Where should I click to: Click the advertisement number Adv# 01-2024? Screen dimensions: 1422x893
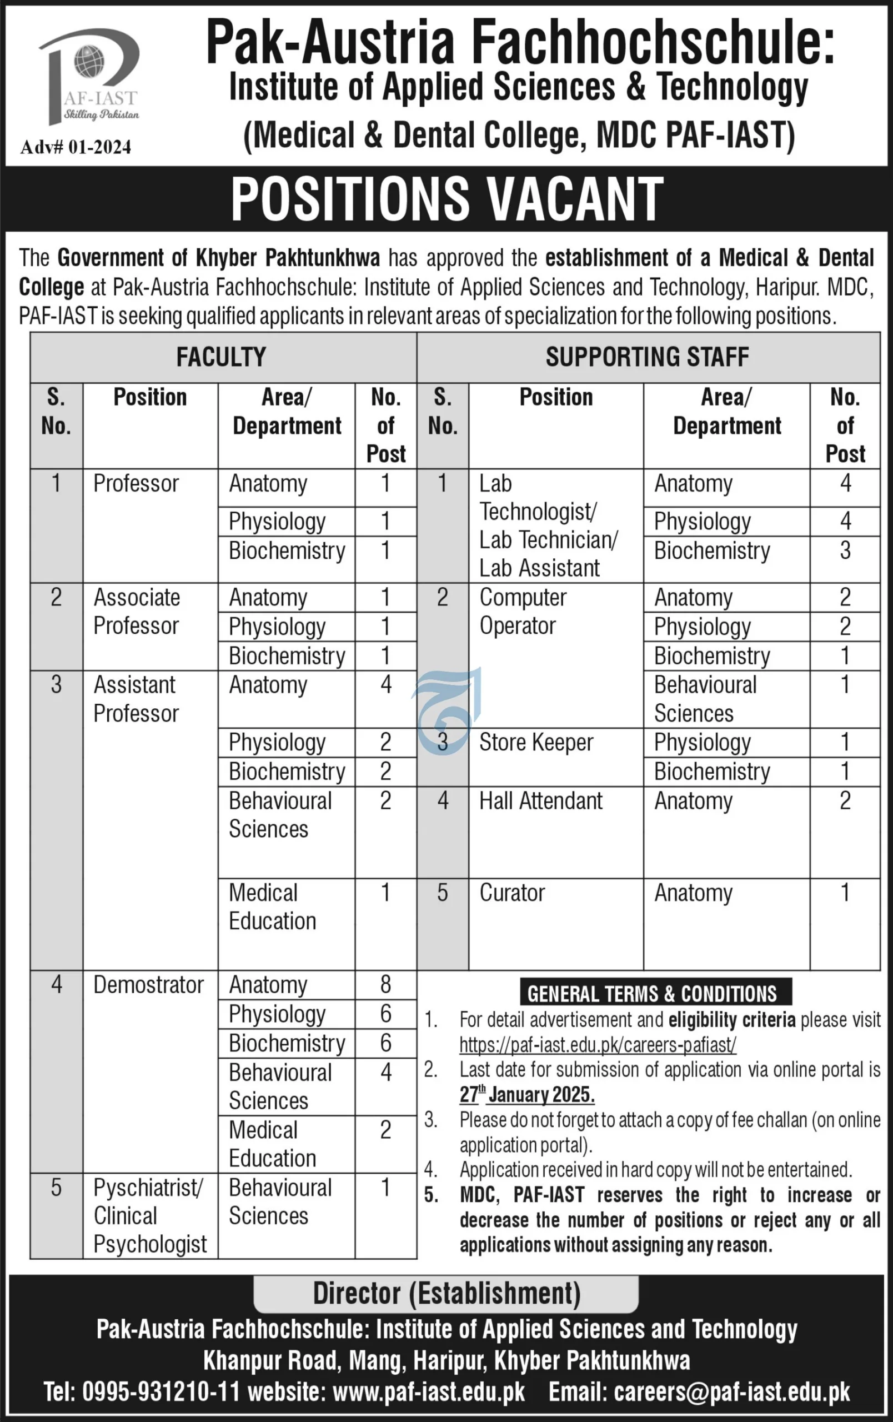(76, 147)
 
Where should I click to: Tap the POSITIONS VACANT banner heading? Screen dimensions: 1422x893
(447, 199)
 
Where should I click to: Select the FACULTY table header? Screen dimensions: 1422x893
(222, 357)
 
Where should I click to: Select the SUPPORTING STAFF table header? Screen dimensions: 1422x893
(648, 357)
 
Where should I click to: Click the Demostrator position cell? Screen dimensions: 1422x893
(149, 984)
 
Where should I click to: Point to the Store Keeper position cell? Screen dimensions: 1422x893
(536, 742)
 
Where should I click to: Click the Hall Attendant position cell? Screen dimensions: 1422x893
(541, 801)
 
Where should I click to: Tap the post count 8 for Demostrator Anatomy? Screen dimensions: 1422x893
(385, 984)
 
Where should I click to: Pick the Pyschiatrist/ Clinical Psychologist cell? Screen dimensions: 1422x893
(150, 1215)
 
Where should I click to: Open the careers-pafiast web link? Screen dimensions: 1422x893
(598, 1045)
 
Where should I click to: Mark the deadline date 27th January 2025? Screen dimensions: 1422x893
(527, 1094)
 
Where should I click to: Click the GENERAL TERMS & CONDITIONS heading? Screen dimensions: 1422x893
(652, 994)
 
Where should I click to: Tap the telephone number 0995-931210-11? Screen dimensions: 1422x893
(160, 1392)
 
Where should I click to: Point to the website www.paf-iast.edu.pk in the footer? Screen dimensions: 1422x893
(429, 1392)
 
